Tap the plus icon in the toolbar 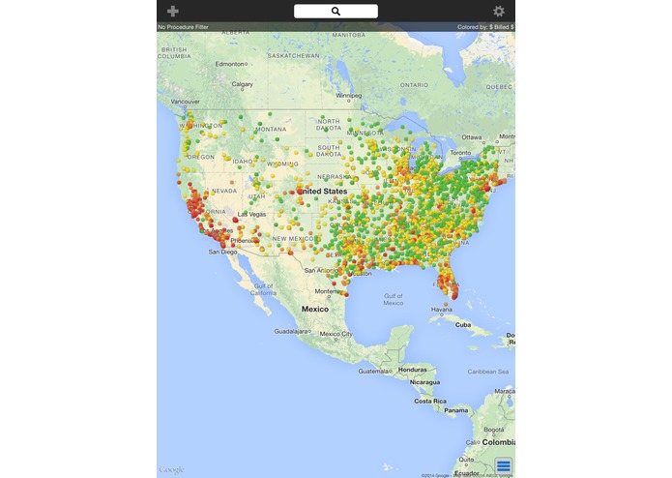(173, 11)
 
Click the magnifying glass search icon (336, 11)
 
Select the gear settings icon (499, 11)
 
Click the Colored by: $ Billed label (485, 27)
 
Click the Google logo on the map (171, 470)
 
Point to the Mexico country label (315, 309)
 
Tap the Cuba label (463, 324)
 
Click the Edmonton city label (231, 64)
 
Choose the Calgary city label (242, 83)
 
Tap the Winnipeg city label (348, 96)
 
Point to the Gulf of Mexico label (393, 298)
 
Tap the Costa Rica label (429, 400)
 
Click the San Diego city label (221, 252)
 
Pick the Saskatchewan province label (294, 55)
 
